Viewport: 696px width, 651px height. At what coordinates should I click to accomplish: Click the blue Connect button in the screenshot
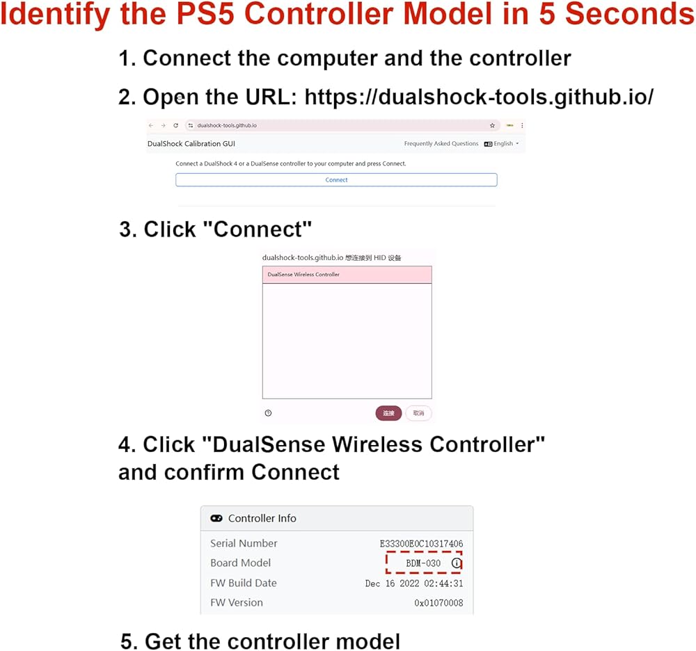pyautogui.click(x=336, y=179)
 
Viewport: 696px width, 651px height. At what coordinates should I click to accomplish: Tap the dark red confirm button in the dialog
pyautogui.click(x=388, y=413)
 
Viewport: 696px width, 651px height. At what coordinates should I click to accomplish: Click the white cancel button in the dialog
pyautogui.click(x=418, y=413)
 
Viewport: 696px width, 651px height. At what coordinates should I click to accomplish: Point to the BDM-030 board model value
pyautogui.click(x=423, y=563)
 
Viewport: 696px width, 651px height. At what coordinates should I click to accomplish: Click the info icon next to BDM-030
pyautogui.click(x=457, y=563)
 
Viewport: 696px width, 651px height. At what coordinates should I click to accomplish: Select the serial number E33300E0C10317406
pyautogui.click(x=421, y=543)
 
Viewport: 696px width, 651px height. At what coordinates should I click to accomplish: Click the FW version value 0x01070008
pyautogui.click(x=438, y=603)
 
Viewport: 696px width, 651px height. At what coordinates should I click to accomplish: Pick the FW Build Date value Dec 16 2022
pyautogui.click(x=414, y=584)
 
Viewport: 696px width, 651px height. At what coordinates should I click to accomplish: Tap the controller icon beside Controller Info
pyautogui.click(x=216, y=518)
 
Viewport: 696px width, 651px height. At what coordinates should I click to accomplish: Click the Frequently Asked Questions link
pyautogui.click(x=441, y=144)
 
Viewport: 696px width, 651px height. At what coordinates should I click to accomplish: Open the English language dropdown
pyautogui.click(x=502, y=144)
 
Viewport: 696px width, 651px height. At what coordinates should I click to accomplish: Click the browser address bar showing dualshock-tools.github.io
pyautogui.click(x=334, y=126)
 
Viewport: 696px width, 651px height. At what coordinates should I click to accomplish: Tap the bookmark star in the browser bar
pyautogui.click(x=492, y=126)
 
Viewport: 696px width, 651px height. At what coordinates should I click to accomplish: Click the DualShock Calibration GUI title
pyautogui.click(x=191, y=144)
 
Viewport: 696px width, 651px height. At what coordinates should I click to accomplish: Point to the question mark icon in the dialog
pyautogui.click(x=269, y=413)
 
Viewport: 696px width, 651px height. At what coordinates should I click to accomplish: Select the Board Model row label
pyautogui.click(x=241, y=563)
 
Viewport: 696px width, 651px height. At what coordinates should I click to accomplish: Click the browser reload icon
pyautogui.click(x=175, y=126)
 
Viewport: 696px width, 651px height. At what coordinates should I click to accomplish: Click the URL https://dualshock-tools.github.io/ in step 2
pyautogui.click(x=479, y=97)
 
